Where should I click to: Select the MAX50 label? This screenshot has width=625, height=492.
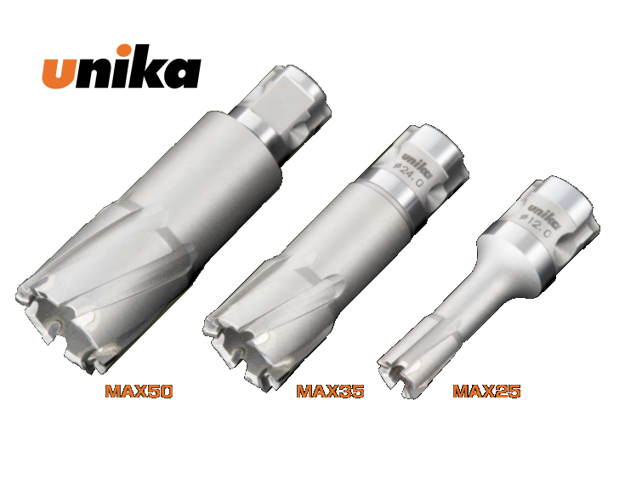139,392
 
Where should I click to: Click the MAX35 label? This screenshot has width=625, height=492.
331,392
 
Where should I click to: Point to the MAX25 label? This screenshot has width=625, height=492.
486,392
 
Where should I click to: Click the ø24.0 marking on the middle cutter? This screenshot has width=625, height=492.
408,175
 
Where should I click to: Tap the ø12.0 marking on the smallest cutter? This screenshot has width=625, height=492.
537,226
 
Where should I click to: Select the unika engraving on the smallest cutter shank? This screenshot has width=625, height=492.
544,216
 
